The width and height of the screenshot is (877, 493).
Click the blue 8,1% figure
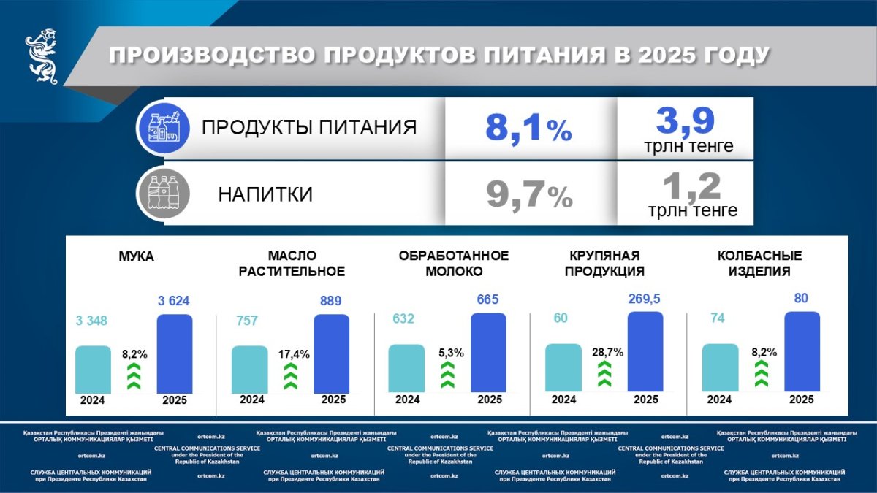click(528, 130)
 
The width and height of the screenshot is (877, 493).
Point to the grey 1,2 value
click(691, 188)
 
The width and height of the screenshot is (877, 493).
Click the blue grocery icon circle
click(164, 129)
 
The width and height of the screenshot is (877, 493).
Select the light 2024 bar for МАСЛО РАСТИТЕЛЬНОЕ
click(250, 369)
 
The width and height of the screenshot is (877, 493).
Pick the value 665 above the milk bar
click(488, 299)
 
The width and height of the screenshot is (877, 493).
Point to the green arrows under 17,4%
click(290, 378)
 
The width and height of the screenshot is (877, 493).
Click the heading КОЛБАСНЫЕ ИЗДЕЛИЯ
click(759, 263)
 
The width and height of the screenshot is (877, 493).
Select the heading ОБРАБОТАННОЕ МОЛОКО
click(453, 263)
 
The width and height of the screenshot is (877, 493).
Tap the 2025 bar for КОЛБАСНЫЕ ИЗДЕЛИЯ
click(802, 352)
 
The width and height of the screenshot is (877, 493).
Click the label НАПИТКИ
click(265, 195)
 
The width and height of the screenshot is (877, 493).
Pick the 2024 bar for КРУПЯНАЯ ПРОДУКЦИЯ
click(563, 368)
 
